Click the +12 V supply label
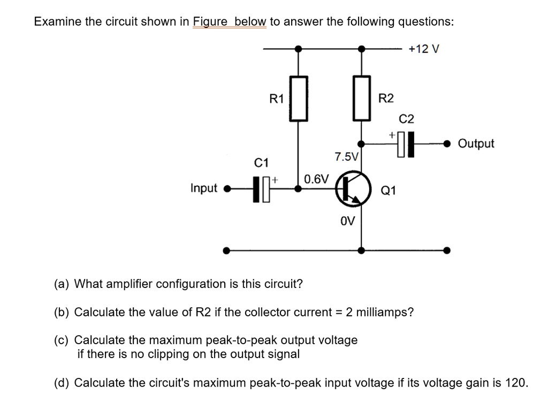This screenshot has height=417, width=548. coord(424,49)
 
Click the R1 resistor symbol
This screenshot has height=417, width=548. coord(299,98)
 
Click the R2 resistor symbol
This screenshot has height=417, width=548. coord(362,98)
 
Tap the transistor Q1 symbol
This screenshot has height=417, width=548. coord(353,188)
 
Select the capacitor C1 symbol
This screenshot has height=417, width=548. coord(262,188)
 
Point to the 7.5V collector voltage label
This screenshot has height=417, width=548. coord(346,157)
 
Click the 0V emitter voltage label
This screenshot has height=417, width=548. coord(348,221)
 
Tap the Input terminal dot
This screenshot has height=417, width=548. coord(226,188)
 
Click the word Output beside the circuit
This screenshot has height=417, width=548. coord(477,143)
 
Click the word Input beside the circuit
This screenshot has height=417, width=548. coord(204,188)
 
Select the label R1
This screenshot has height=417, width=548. coord(276,98)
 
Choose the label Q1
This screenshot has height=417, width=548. coord(388,190)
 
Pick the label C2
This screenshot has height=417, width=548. coord(406,118)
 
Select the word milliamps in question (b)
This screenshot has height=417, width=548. coord(386,312)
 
